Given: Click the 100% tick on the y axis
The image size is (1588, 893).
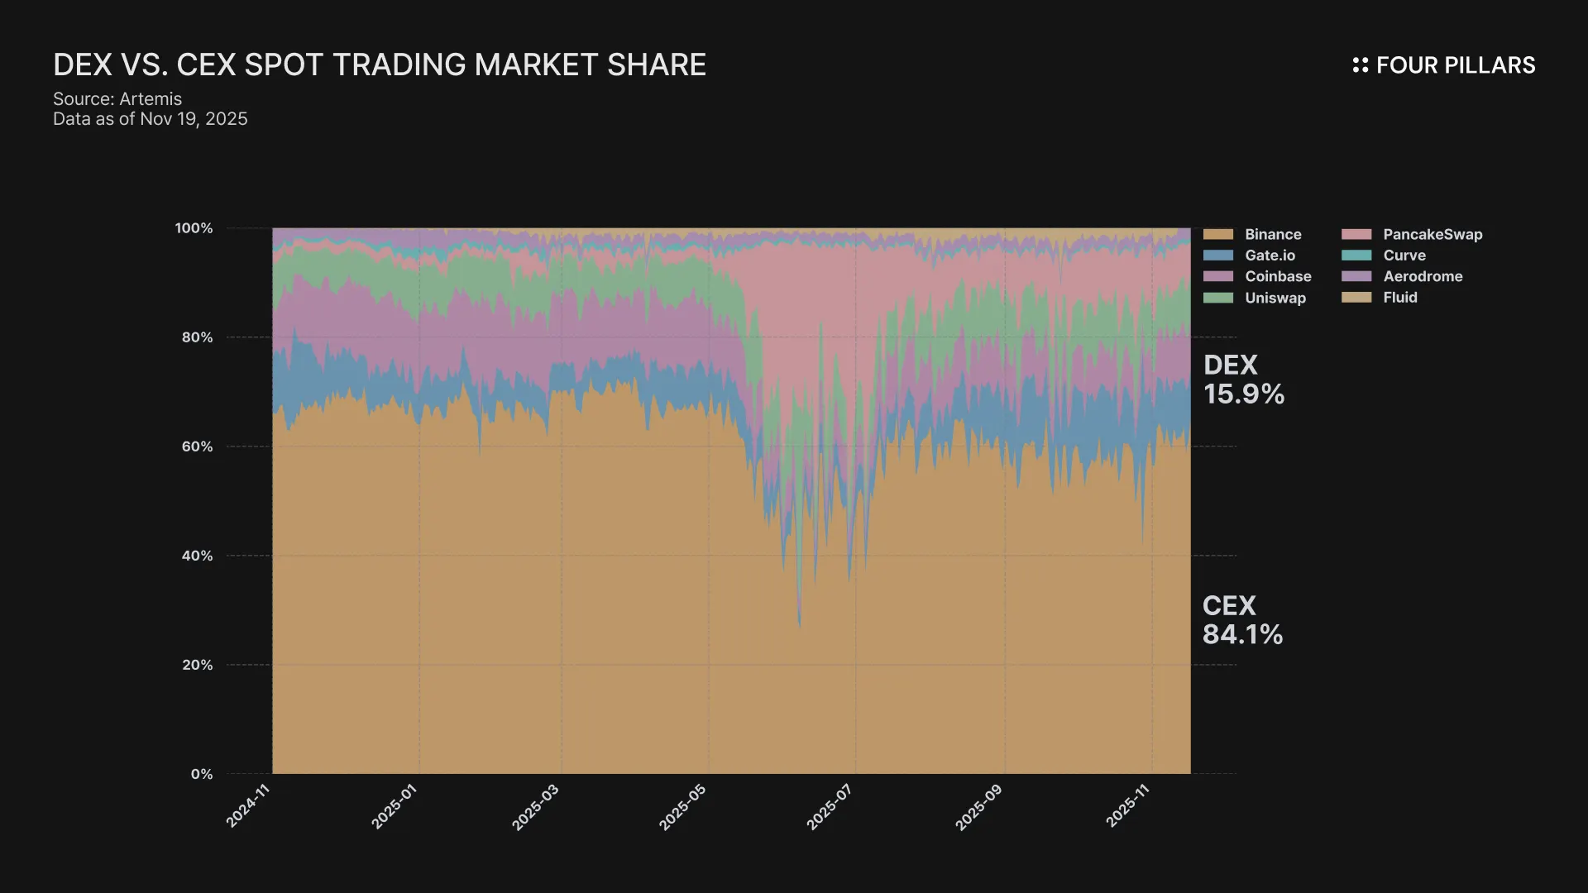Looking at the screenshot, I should tap(194, 228).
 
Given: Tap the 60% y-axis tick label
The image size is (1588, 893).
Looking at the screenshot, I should tap(197, 446).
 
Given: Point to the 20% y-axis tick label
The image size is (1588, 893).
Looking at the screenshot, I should tap(197, 665).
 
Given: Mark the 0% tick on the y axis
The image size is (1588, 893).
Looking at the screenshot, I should tap(202, 774).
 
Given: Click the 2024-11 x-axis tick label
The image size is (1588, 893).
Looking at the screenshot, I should tap(248, 806).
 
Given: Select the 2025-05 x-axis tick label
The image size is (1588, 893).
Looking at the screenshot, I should tap(682, 806).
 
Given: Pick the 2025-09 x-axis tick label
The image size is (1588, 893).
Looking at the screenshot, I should tap(978, 806).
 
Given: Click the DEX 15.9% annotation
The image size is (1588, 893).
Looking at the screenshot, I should tap(1243, 380).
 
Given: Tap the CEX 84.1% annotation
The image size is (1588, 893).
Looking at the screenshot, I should tap(1242, 620).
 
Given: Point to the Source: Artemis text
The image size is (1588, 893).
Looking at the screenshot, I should tap(117, 99).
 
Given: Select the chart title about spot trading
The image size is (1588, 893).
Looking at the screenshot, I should tap(380, 64).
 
